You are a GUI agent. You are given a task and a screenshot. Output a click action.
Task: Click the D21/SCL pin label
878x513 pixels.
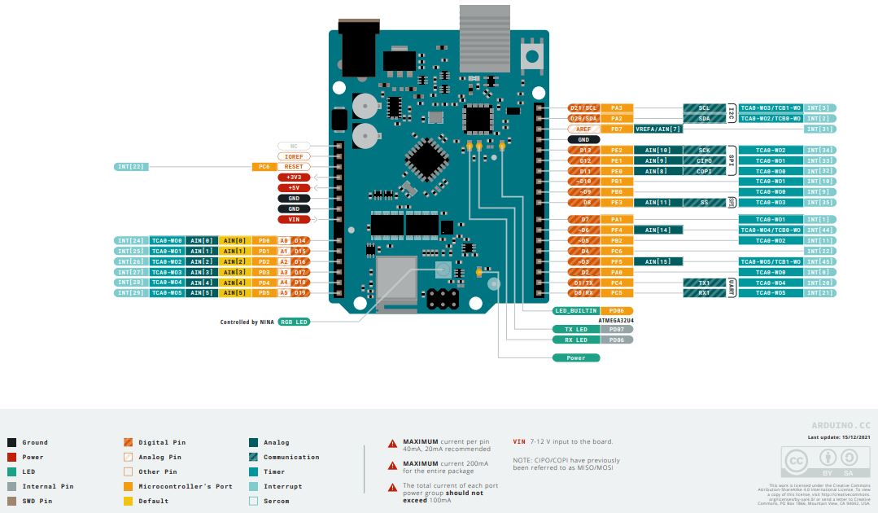(584, 108)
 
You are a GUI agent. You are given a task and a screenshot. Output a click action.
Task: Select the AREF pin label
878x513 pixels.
(584, 129)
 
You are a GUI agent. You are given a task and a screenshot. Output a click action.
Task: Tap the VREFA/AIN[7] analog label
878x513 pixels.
(657, 129)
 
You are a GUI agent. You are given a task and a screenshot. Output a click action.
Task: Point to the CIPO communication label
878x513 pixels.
(704, 161)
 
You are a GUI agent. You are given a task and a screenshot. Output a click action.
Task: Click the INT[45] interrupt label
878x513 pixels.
(820, 261)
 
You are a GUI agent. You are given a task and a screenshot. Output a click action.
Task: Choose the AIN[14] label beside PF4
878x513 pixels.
(657, 230)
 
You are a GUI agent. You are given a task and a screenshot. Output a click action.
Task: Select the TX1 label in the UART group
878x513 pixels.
(704, 283)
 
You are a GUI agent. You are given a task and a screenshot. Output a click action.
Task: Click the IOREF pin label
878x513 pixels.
(293, 156)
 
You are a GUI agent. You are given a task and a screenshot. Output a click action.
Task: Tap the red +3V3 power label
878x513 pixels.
(293, 177)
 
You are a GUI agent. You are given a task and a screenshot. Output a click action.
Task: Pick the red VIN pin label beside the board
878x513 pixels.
(293, 219)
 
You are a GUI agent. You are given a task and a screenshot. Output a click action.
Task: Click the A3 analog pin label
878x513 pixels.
(284, 272)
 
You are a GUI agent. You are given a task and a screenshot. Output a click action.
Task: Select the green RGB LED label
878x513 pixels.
(294, 322)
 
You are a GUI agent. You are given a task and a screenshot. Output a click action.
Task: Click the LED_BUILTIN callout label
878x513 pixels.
(576, 311)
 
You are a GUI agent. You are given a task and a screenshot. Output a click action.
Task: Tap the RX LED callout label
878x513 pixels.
(576, 340)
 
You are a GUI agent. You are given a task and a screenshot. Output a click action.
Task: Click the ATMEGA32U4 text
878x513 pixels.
(616, 321)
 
